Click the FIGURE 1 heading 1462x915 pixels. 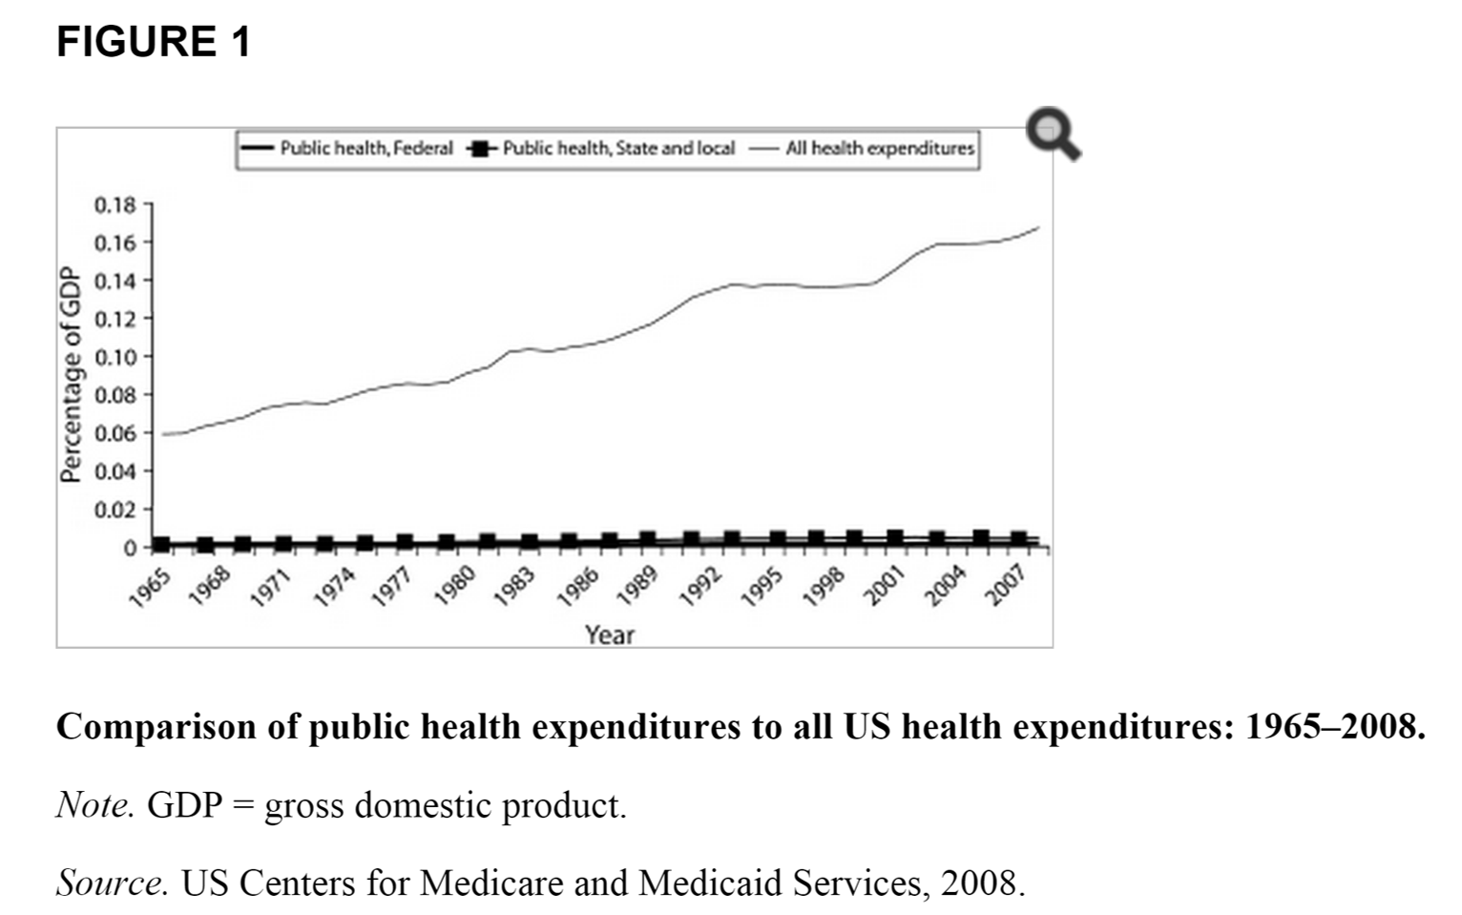tap(153, 42)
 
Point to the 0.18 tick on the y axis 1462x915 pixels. tap(115, 204)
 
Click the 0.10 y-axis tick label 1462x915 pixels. tap(115, 357)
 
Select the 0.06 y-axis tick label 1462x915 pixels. tap(115, 433)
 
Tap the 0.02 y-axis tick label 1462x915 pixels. tap(115, 509)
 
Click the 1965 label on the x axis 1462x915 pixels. tap(151, 586)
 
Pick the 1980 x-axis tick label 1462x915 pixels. tap(454, 586)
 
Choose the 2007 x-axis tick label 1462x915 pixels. tap(1007, 586)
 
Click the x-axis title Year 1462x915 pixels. tap(610, 634)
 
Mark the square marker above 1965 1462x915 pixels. tap(161, 545)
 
